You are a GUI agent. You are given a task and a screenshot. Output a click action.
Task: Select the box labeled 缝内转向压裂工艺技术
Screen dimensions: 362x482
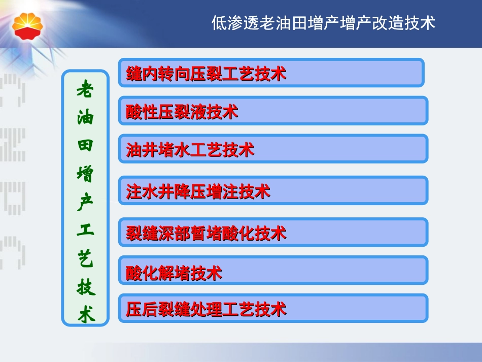(271, 73)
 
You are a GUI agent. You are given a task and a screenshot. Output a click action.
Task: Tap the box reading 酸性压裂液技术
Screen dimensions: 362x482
(273, 111)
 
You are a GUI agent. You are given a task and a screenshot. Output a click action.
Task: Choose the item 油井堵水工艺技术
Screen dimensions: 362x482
(273, 149)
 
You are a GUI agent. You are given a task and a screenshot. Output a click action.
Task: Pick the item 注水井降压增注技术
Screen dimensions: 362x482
(273, 191)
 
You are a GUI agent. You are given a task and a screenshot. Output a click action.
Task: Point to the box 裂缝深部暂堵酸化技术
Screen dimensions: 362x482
(273, 233)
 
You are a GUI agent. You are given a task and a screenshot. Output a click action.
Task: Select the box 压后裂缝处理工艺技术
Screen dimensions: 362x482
(273, 309)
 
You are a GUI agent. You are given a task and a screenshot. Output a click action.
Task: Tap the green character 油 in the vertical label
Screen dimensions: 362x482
(85, 119)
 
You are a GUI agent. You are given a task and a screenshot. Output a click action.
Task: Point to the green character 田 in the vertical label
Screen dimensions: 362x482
(85, 147)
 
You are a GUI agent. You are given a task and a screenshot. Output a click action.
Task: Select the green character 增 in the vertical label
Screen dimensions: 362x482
(85, 175)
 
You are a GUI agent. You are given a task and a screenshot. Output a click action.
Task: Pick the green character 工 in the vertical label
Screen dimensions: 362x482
(85, 231)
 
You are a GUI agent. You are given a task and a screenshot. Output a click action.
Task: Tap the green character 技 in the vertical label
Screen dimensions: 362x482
(85, 287)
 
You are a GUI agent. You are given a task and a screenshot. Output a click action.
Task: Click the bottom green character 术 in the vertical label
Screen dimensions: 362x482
(85, 315)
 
